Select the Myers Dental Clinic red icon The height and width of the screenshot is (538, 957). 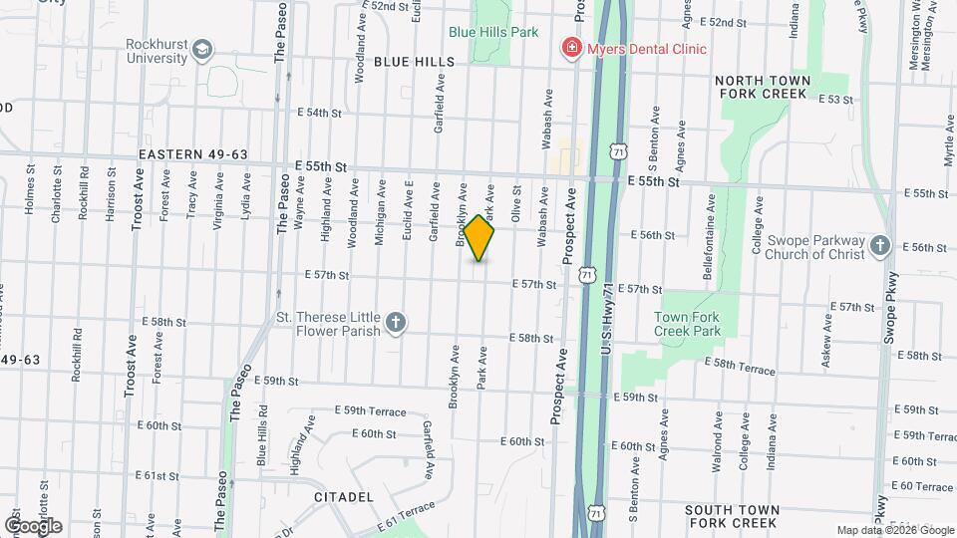[x=572, y=48]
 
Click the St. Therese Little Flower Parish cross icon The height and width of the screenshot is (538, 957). [x=396, y=321]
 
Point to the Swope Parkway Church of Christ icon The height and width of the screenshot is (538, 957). [x=878, y=245]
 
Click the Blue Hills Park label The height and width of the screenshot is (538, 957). [x=493, y=32]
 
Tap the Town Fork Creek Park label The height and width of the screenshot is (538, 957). [x=687, y=324]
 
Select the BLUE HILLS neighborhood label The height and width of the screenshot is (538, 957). [x=414, y=62]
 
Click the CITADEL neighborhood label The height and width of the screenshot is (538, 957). [x=343, y=496]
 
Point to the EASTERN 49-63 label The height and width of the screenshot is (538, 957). [x=192, y=154]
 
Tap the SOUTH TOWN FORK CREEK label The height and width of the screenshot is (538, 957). [x=731, y=515]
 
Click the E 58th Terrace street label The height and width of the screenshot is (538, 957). [x=740, y=369]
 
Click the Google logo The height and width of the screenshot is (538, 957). [x=33, y=525]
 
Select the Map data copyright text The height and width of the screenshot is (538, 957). [x=892, y=530]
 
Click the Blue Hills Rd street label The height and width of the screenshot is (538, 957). [x=261, y=434]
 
